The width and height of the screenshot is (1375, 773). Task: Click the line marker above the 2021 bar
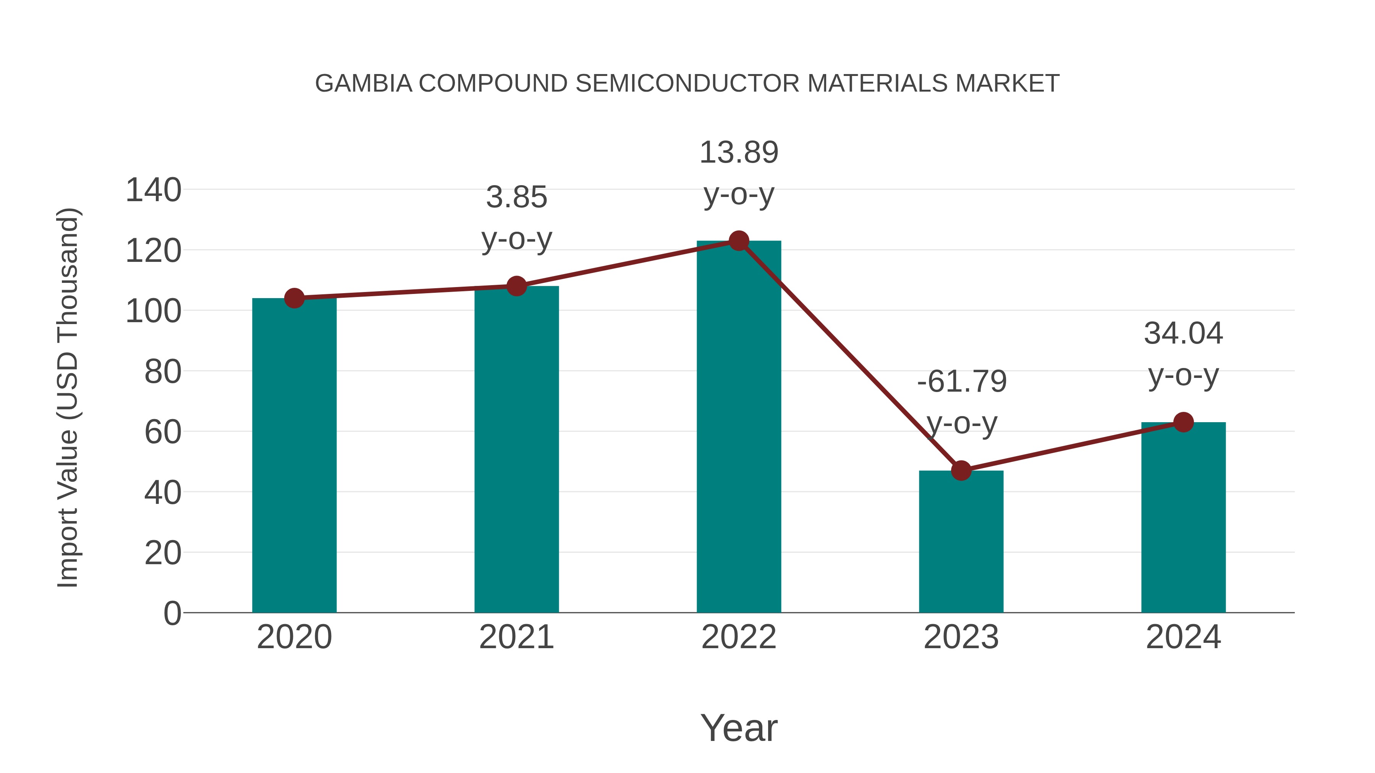[x=516, y=286]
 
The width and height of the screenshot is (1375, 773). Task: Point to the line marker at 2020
[x=294, y=298]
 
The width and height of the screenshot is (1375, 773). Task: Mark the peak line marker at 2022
[x=739, y=241]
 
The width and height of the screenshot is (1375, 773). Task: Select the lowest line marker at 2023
[x=961, y=471]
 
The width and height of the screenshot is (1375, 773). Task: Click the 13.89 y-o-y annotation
[x=739, y=173]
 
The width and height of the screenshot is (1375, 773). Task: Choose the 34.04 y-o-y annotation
[x=1183, y=354]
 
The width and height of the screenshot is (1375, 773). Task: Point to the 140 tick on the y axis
[x=153, y=190]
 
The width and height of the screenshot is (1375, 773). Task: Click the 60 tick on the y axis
[x=163, y=432]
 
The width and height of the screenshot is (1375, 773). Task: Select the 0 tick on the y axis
[x=172, y=613]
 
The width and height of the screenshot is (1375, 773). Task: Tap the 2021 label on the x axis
[x=516, y=637]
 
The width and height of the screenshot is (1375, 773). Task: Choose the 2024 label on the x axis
[x=1183, y=637]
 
